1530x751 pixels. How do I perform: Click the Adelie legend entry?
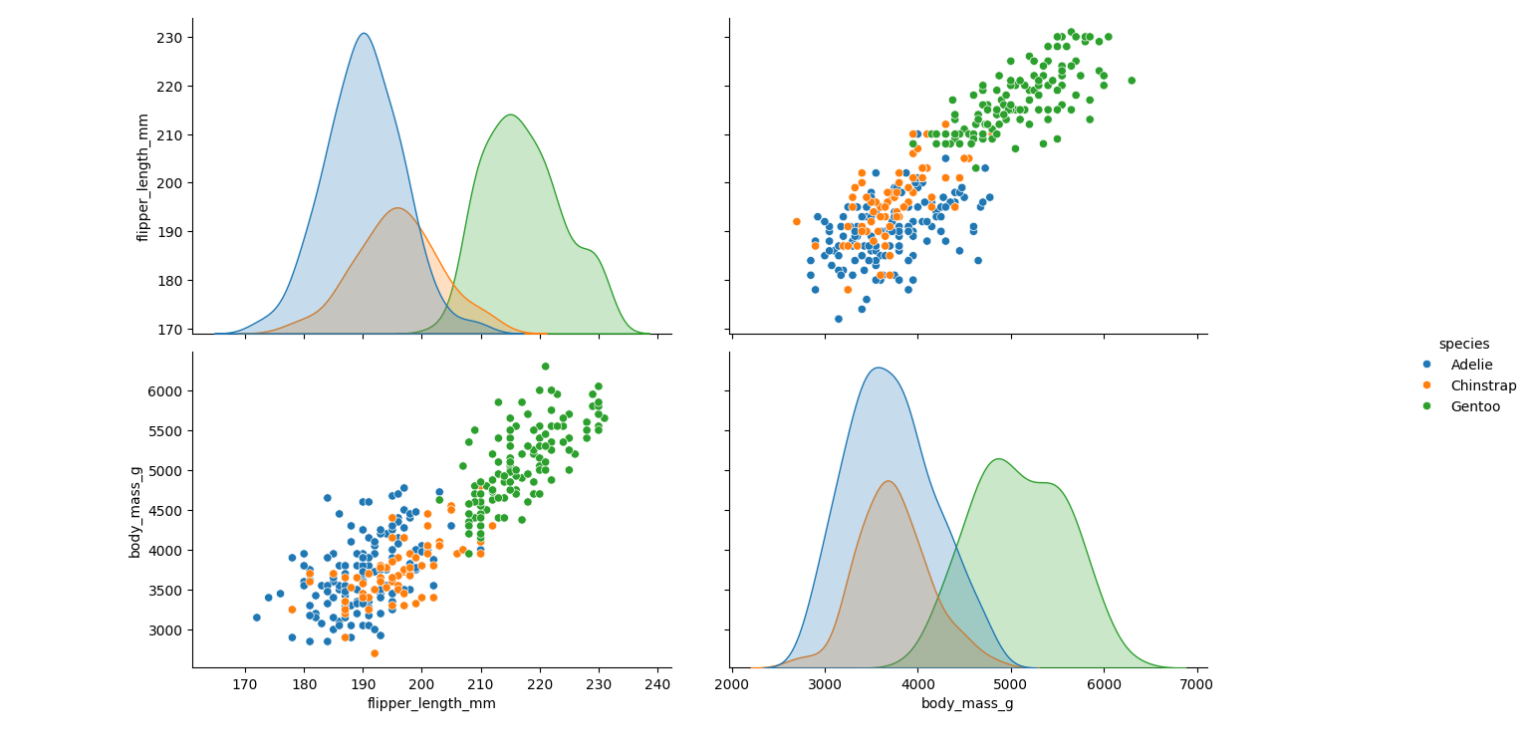(x=1471, y=365)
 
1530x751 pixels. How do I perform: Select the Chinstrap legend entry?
(x=1483, y=385)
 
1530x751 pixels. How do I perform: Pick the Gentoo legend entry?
(x=1475, y=406)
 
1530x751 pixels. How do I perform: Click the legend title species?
(x=1463, y=344)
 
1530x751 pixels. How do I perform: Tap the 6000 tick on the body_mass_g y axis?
(x=166, y=390)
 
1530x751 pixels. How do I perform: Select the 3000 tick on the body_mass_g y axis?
(x=166, y=629)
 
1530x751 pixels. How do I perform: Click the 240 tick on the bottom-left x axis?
(x=657, y=684)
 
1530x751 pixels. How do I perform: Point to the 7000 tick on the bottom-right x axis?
(x=1196, y=684)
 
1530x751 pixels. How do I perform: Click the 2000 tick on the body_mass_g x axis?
(x=732, y=684)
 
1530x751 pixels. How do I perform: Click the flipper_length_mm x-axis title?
(x=431, y=704)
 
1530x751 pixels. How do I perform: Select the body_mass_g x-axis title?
(x=968, y=704)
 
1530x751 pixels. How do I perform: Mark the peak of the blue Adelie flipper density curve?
(x=364, y=34)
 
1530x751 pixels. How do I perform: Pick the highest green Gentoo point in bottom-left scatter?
(x=545, y=367)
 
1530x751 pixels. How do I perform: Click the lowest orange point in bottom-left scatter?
(x=375, y=653)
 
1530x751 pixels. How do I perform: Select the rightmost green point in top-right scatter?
(x=1131, y=81)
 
